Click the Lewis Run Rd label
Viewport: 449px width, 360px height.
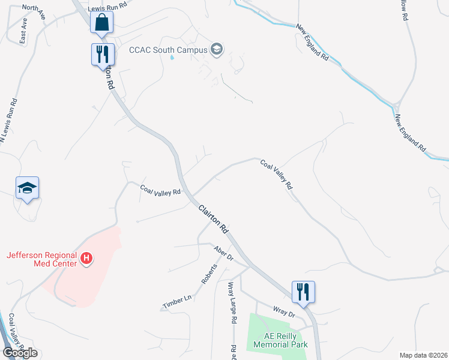click(x=107, y=4)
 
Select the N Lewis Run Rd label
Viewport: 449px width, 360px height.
click(x=8, y=120)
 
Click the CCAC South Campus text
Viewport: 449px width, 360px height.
click(x=168, y=50)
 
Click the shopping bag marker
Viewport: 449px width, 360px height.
click(x=102, y=23)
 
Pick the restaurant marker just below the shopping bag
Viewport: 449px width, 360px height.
click(x=102, y=55)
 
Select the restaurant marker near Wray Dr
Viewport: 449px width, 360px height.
click(x=304, y=292)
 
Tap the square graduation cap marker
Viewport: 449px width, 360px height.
click(x=28, y=188)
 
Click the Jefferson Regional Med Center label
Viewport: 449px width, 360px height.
click(x=41, y=259)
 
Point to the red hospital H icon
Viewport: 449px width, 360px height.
click(x=87, y=259)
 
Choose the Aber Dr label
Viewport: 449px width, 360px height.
click(x=223, y=253)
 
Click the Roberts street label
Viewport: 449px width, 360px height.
click(x=208, y=274)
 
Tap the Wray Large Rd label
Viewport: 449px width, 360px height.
click(x=231, y=304)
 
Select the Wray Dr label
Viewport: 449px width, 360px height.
click(x=285, y=312)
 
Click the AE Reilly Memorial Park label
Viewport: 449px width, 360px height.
click(x=280, y=340)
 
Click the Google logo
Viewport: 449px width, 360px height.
click(x=20, y=353)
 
